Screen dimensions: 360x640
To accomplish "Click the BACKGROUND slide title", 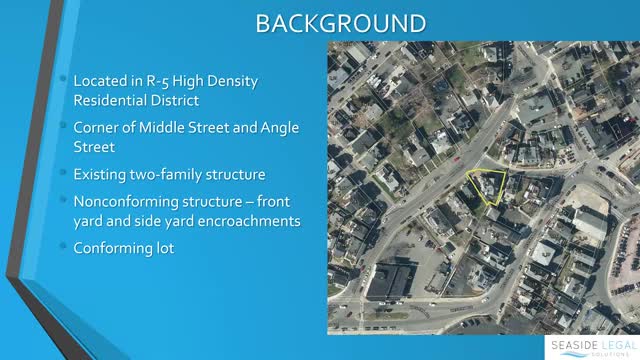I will (x=320, y=22).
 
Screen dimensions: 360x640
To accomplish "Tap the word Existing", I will (x=102, y=173).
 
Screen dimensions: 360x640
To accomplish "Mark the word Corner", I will (x=98, y=127).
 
